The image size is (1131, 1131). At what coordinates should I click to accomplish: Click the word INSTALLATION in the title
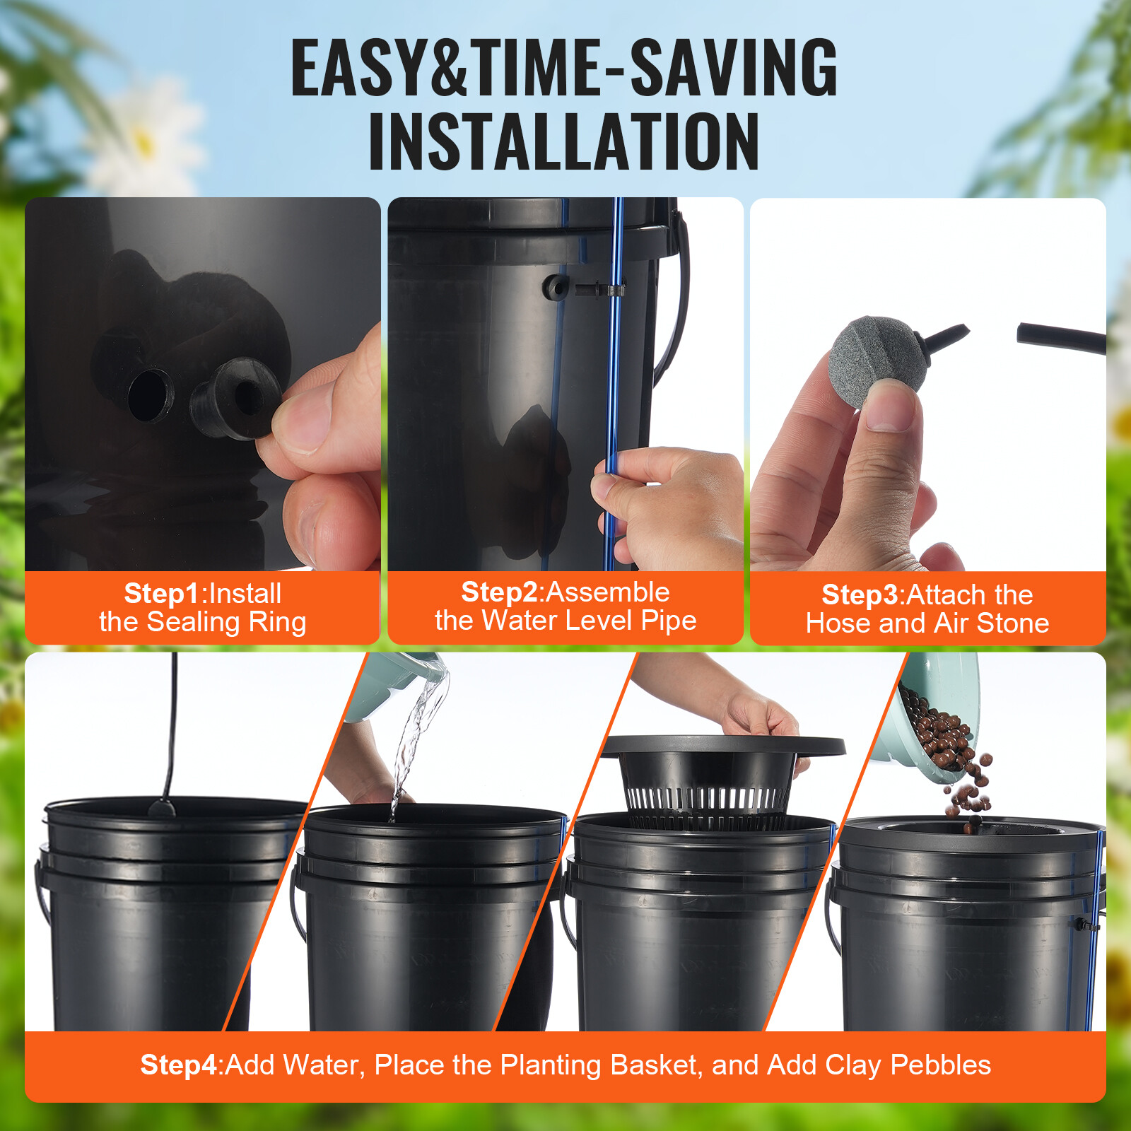point(564,141)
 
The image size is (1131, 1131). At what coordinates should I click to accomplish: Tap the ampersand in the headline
point(449,68)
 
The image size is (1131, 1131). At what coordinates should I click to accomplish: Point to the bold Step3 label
point(860,595)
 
